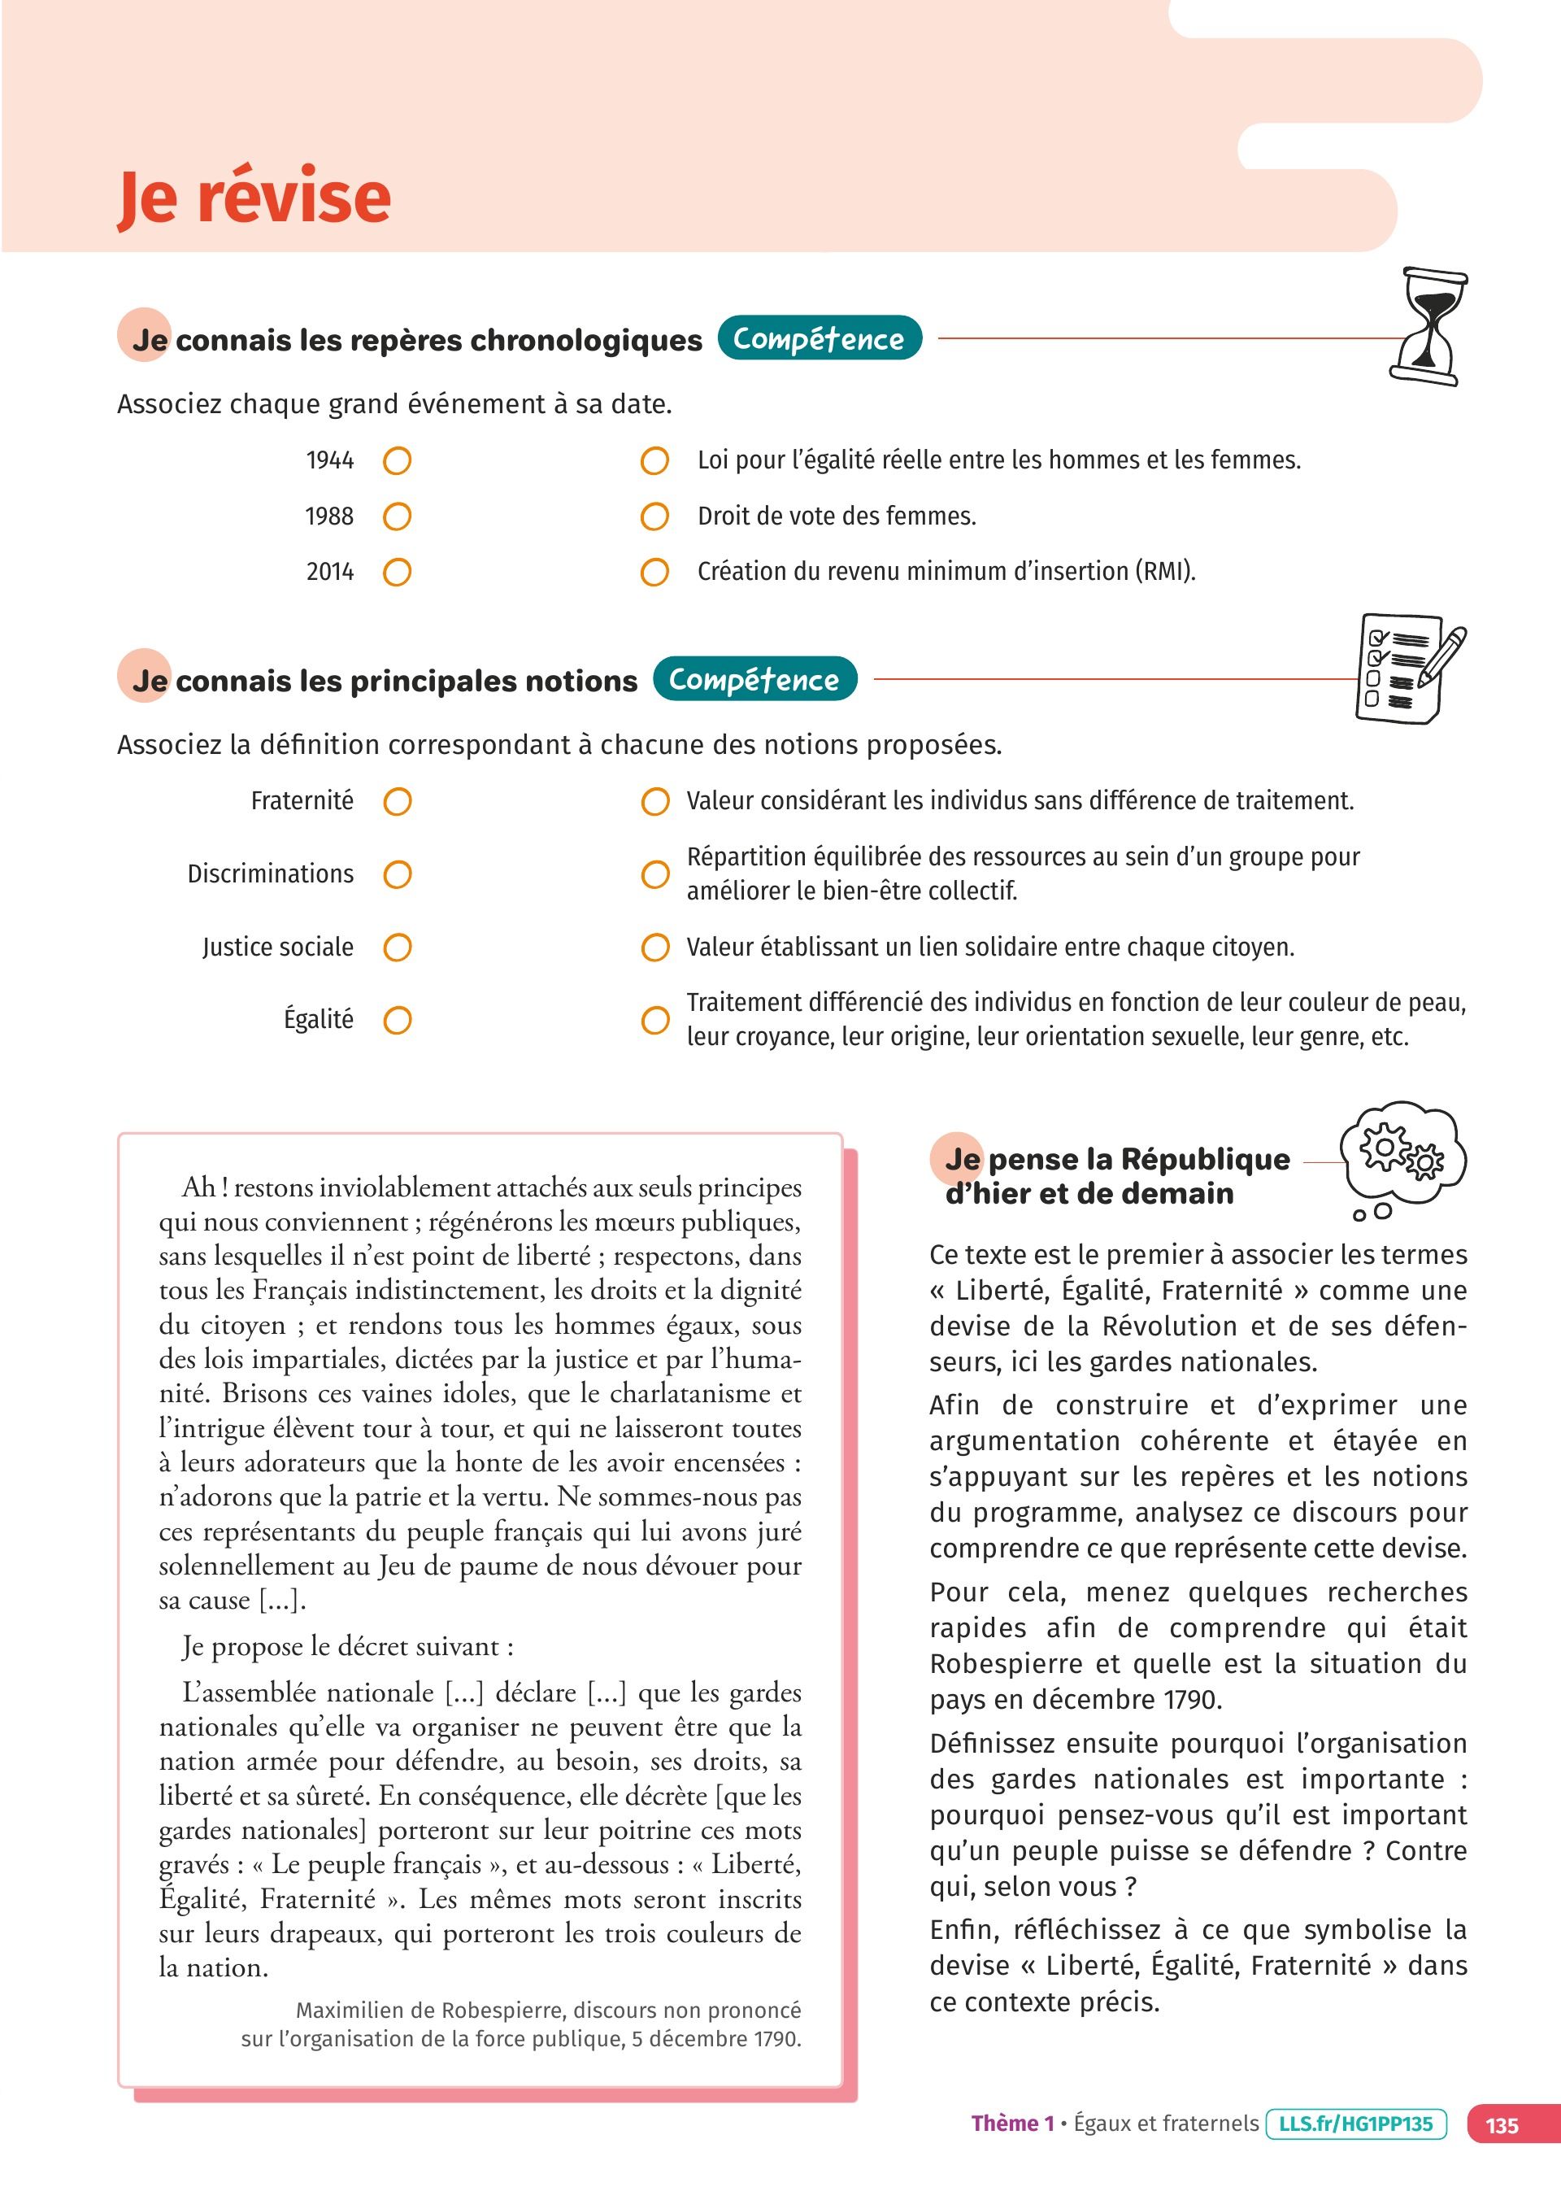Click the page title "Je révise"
(254, 197)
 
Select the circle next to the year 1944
(397, 461)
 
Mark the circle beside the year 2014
(397, 573)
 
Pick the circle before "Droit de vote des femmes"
(654, 517)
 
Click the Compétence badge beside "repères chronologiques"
(819, 338)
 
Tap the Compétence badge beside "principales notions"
(754, 680)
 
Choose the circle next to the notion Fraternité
(397, 802)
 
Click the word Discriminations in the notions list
(270, 873)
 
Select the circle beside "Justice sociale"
(397, 948)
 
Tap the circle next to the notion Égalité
(397, 1020)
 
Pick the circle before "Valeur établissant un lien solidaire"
(654, 948)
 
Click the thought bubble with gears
(1404, 1156)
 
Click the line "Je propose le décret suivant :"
(348, 1648)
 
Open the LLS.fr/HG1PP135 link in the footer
(1355, 2124)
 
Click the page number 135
(1502, 2125)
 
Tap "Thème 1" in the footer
(1012, 2124)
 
